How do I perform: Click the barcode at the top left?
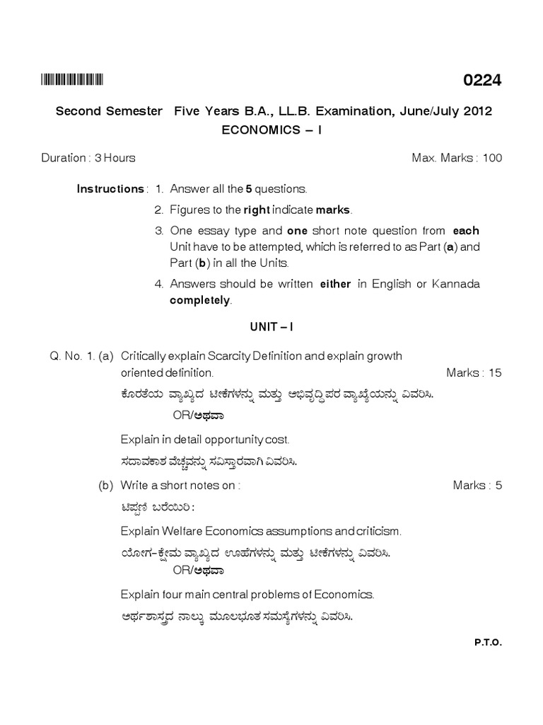[x=72, y=80]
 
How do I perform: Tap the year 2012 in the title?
[x=476, y=112]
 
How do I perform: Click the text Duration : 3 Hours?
[x=88, y=158]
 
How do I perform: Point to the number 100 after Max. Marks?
[x=493, y=158]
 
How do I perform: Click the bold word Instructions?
[x=110, y=189]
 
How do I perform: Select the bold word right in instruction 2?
[x=257, y=210]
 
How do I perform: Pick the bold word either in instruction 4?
[x=335, y=284]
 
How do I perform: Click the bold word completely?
[x=200, y=300]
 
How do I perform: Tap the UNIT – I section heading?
[x=272, y=329]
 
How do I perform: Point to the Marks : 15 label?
[x=474, y=372]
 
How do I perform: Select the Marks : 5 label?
[x=477, y=485]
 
